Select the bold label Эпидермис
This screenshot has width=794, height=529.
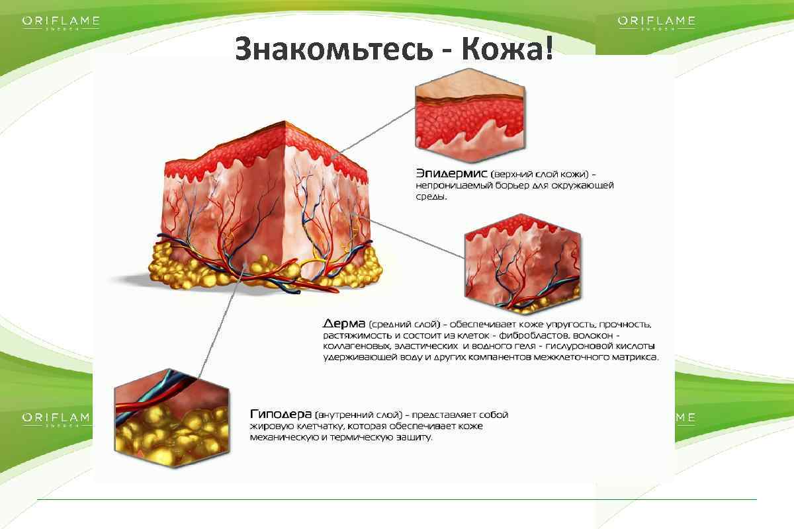coord(452,173)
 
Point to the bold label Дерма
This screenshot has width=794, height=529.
coord(344,324)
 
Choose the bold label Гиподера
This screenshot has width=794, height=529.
coord(281,414)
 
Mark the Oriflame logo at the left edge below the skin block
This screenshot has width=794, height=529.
coord(56,418)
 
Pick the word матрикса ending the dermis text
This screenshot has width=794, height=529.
coord(635,357)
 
